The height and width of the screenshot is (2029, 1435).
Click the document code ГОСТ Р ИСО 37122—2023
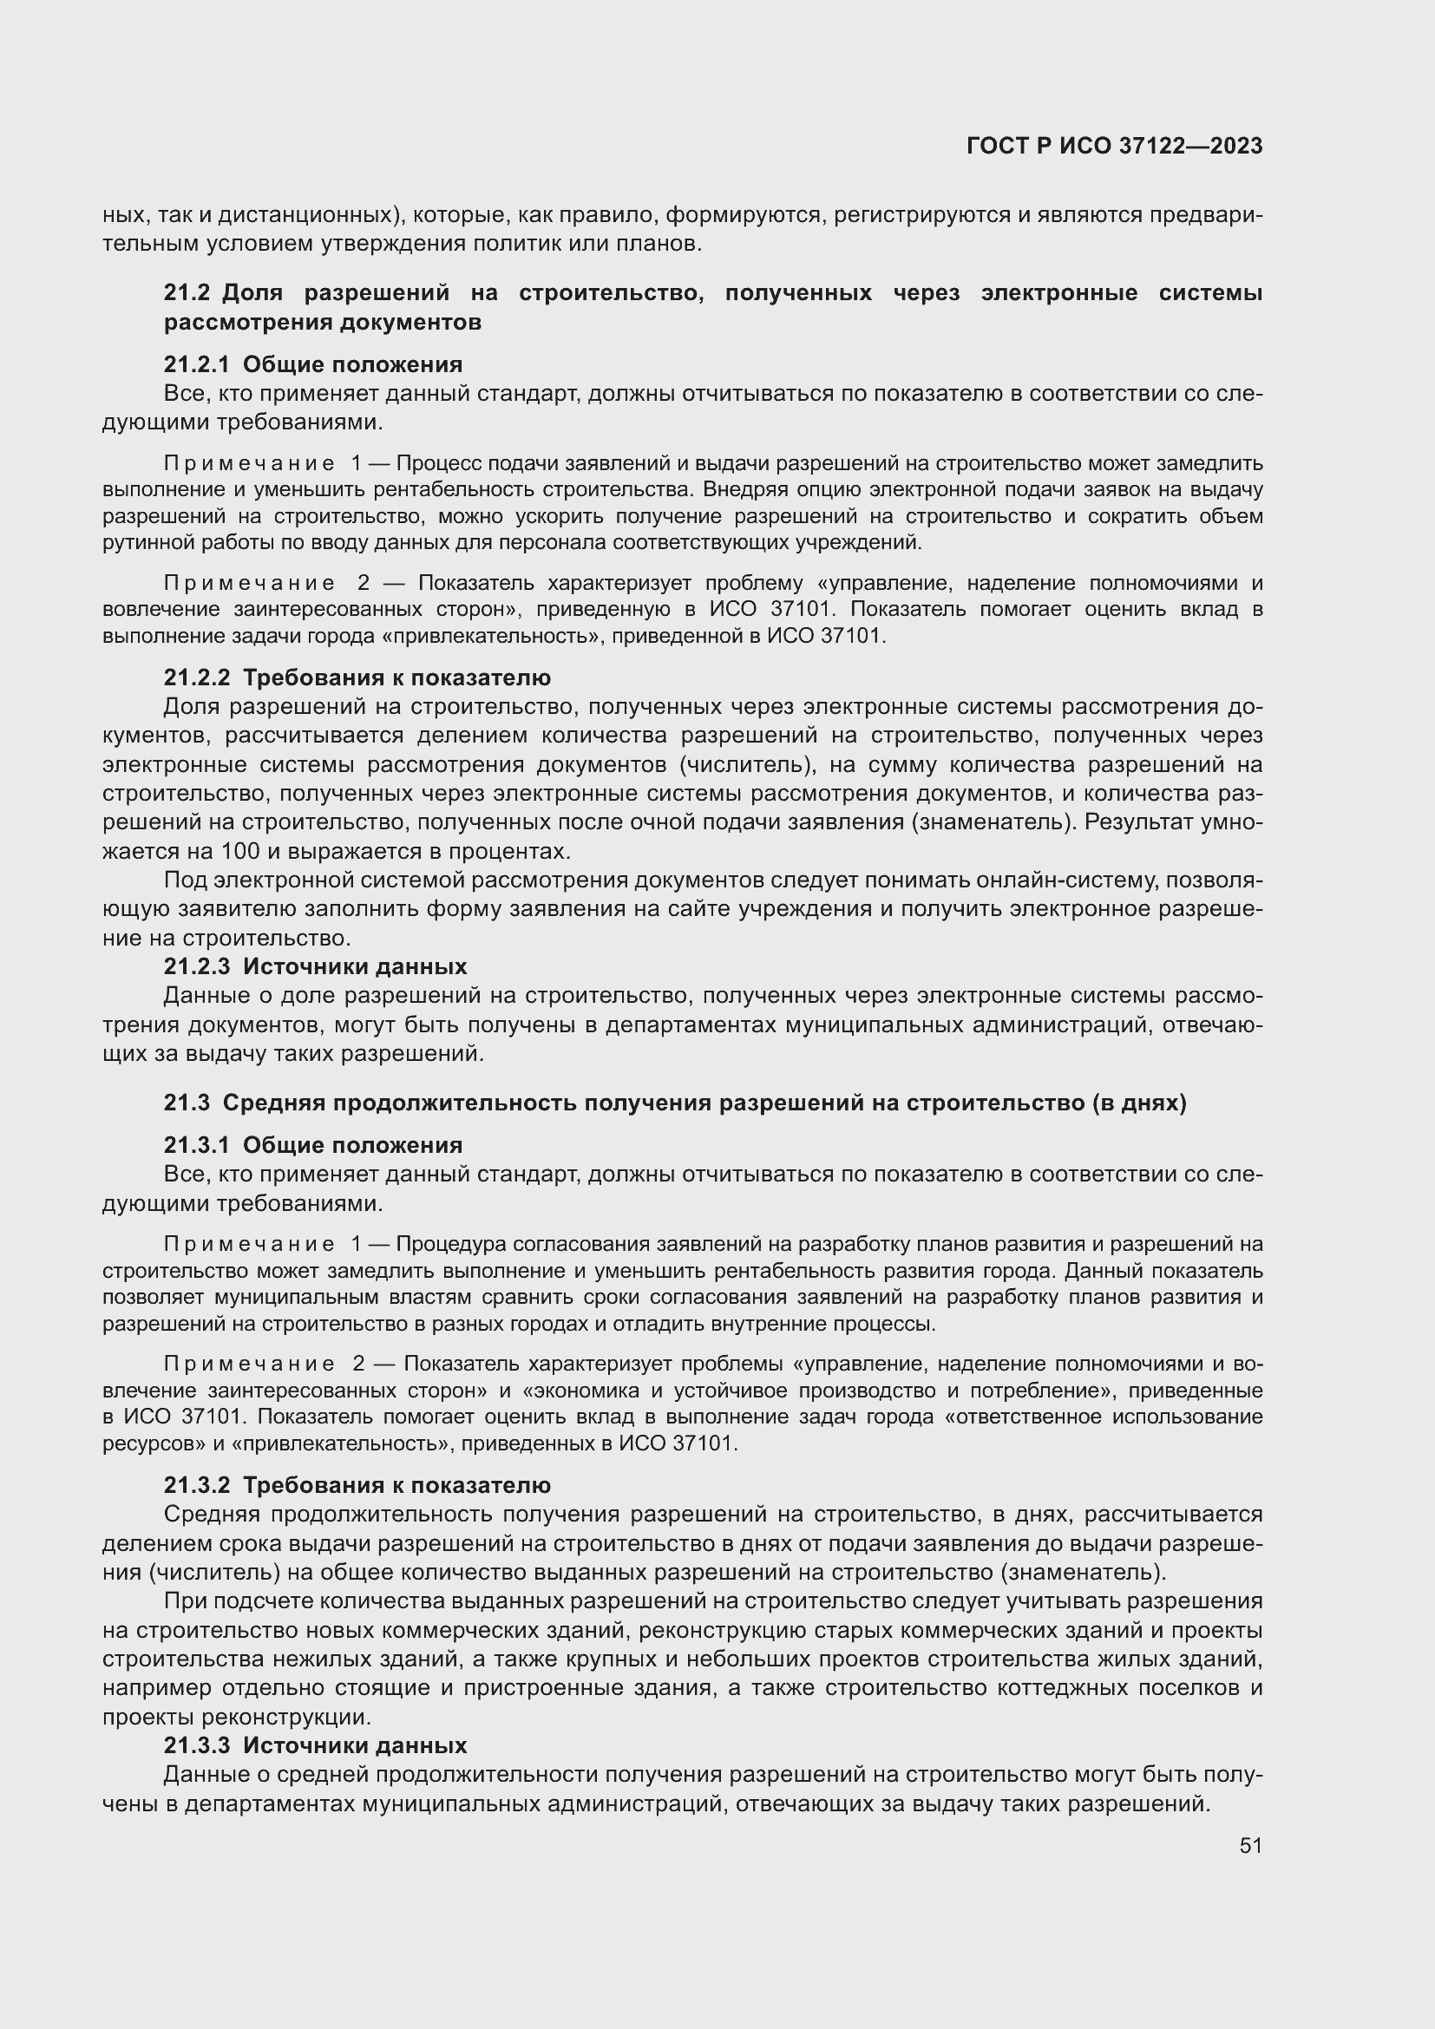pos(1114,146)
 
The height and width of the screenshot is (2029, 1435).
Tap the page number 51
pos(1250,1845)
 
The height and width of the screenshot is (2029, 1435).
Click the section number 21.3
pos(187,1103)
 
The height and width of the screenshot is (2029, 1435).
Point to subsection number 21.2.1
pos(196,365)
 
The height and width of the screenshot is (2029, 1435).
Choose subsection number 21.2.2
pos(196,677)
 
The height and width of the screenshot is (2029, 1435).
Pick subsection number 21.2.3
pos(196,966)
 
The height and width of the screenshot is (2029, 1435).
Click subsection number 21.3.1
pos(196,1145)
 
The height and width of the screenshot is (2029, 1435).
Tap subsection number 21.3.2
pos(196,1485)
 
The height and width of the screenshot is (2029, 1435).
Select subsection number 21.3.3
pos(196,1746)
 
